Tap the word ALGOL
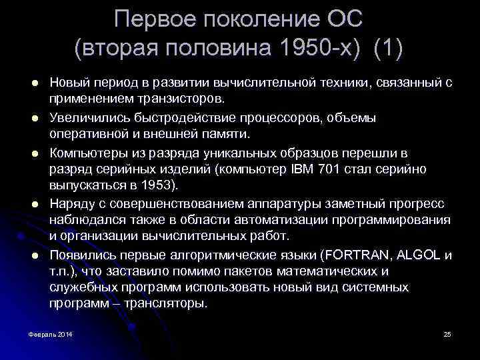[x=420, y=255]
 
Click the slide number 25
[x=447, y=333]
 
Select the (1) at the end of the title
[x=389, y=47]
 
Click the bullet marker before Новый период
[x=33, y=83]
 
